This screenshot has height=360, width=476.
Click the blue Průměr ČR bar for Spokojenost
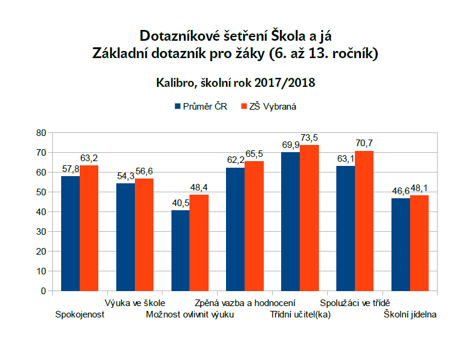[70, 234]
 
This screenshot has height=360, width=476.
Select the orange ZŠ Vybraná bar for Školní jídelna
[420, 243]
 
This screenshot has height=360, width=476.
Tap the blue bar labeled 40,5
[180, 250]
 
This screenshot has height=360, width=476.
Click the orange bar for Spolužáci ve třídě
[364, 221]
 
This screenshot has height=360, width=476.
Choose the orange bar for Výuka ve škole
[144, 235]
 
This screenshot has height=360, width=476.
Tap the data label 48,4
[199, 188]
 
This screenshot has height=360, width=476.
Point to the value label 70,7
[364, 144]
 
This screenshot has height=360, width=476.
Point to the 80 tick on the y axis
[40, 132]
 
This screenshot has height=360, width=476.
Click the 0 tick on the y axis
[43, 291]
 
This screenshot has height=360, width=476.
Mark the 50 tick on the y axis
[40, 192]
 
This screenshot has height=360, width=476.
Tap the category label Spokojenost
[80, 315]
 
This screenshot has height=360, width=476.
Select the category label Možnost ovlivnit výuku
[190, 315]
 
